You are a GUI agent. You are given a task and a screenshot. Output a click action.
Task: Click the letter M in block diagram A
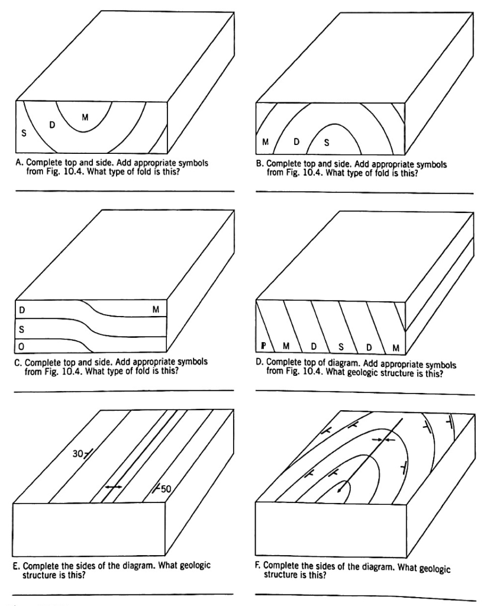point(85,117)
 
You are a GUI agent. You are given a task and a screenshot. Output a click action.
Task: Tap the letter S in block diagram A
point(24,134)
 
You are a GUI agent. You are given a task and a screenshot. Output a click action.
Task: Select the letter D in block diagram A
point(51,125)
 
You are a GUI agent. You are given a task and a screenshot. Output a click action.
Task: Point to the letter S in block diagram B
point(326,142)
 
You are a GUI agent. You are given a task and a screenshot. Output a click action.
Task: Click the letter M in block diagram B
point(266,142)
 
